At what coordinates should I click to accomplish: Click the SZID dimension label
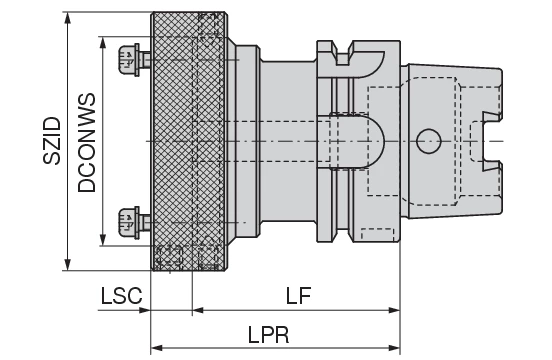point(52,141)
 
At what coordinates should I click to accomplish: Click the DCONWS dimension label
point(87,143)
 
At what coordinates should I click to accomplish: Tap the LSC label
point(122,296)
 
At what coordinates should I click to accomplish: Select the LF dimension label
point(299,296)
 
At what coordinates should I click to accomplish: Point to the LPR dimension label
point(268,335)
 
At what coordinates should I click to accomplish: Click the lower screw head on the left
point(128,223)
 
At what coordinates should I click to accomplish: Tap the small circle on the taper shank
point(428,141)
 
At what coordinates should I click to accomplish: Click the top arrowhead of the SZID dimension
point(68,19)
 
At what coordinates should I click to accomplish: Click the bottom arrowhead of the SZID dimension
point(68,265)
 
